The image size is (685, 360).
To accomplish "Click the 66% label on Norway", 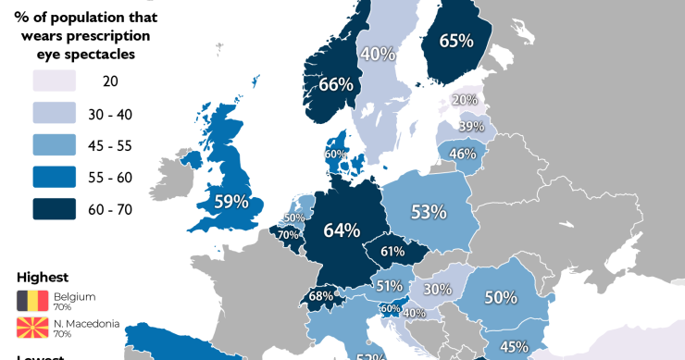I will pyautogui.click(x=335, y=84).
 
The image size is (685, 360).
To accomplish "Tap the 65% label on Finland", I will pyautogui.click(x=456, y=41).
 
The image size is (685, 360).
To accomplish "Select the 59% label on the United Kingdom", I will pyautogui.click(x=231, y=201).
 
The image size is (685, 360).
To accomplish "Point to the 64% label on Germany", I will pyautogui.click(x=342, y=230).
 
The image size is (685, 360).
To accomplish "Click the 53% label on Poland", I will pyautogui.click(x=429, y=212).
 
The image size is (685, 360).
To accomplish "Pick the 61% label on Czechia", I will pyautogui.click(x=392, y=251).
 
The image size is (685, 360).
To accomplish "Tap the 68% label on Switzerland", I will pyautogui.click(x=321, y=296).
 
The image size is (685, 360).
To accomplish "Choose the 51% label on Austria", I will pyautogui.click(x=389, y=286).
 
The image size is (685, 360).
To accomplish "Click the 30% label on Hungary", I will pyautogui.click(x=438, y=289).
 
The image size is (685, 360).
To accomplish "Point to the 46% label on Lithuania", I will pyautogui.click(x=462, y=154).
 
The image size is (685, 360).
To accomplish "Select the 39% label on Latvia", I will pyautogui.click(x=471, y=127).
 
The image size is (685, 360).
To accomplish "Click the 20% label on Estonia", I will pyautogui.click(x=465, y=100).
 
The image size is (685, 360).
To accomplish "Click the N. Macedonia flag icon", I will pyautogui.click(x=32, y=328).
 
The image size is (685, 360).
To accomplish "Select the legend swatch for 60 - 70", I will pyautogui.click(x=54, y=209).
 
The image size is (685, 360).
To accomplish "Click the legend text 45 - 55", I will pyautogui.click(x=111, y=145).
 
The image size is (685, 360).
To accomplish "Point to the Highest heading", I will pyautogui.click(x=43, y=277).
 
